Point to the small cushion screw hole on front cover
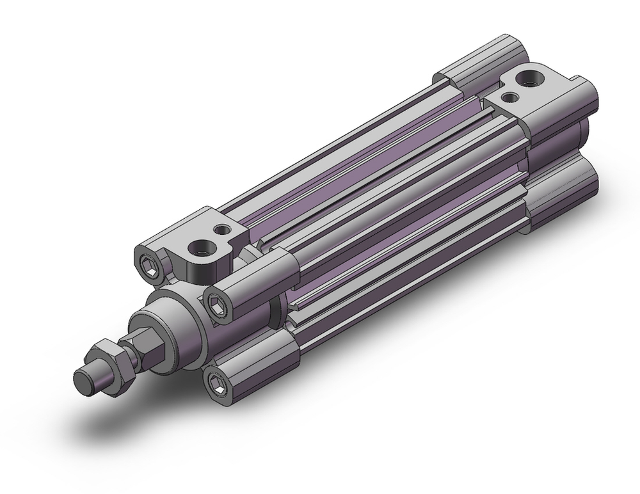pyautogui.click(x=222, y=228)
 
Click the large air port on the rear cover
pyautogui.click(x=532, y=79)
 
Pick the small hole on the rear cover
pyautogui.click(x=511, y=97)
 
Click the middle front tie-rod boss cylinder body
pyautogui.click(x=256, y=282)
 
